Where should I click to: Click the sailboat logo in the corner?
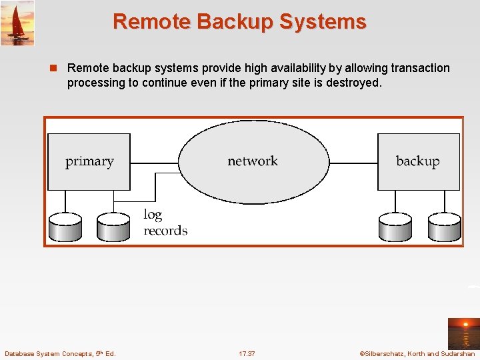tap(17, 23)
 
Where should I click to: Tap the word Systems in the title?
tap(323, 22)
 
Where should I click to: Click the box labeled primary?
tap(89, 161)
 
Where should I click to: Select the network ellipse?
tap(253, 161)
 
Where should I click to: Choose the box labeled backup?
tap(418, 161)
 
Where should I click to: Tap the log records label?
tap(165, 223)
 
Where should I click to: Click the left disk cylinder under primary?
tap(65, 227)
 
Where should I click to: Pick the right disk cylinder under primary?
tap(113, 227)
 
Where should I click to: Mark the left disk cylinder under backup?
tap(395, 227)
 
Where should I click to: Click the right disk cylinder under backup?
tap(444, 227)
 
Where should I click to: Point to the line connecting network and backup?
tap(353, 163)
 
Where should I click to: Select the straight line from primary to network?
tap(154, 163)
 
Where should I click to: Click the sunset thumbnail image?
tap(463, 333)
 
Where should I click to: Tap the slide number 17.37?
tap(247, 353)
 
